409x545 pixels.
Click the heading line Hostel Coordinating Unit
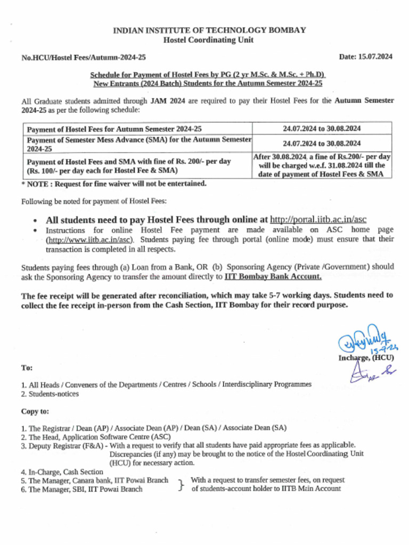point(209,40)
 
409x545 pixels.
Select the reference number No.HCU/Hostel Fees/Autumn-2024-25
point(84,57)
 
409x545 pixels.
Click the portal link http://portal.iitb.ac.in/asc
point(318,219)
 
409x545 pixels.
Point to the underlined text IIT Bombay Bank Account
point(273,277)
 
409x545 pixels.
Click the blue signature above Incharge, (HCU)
point(362,341)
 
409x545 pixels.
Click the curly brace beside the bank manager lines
point(181,484)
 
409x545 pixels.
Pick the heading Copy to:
point(35,411)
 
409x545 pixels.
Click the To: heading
point(27,368)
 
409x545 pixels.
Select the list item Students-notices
point(50,394)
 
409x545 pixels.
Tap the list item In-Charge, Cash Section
point(62,472)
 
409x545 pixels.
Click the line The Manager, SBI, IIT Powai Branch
point(85,489)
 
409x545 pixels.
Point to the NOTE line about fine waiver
point(113,184)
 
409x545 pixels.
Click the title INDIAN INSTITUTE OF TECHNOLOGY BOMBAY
point(209,30)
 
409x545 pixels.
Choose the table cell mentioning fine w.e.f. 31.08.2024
point(322,166)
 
